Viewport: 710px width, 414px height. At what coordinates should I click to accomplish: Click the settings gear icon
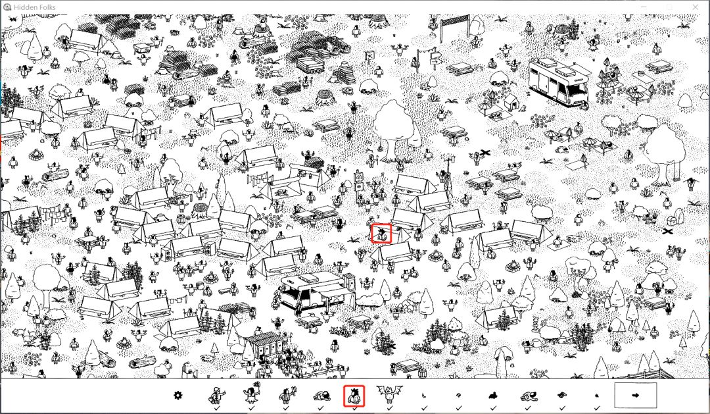[x=178, y=396]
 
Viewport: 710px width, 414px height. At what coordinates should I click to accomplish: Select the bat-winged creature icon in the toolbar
[x=389, y=394]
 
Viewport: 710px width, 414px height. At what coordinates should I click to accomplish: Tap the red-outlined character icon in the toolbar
[x=354, y=396]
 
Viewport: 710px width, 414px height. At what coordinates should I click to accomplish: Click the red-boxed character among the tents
[x=381, y=234]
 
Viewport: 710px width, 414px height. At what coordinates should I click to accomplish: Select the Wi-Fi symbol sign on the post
[x=359, y=174]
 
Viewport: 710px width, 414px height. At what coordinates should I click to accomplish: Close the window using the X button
[x=696, y=7]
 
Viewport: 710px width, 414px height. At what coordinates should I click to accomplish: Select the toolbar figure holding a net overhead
[x=252, y=394]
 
